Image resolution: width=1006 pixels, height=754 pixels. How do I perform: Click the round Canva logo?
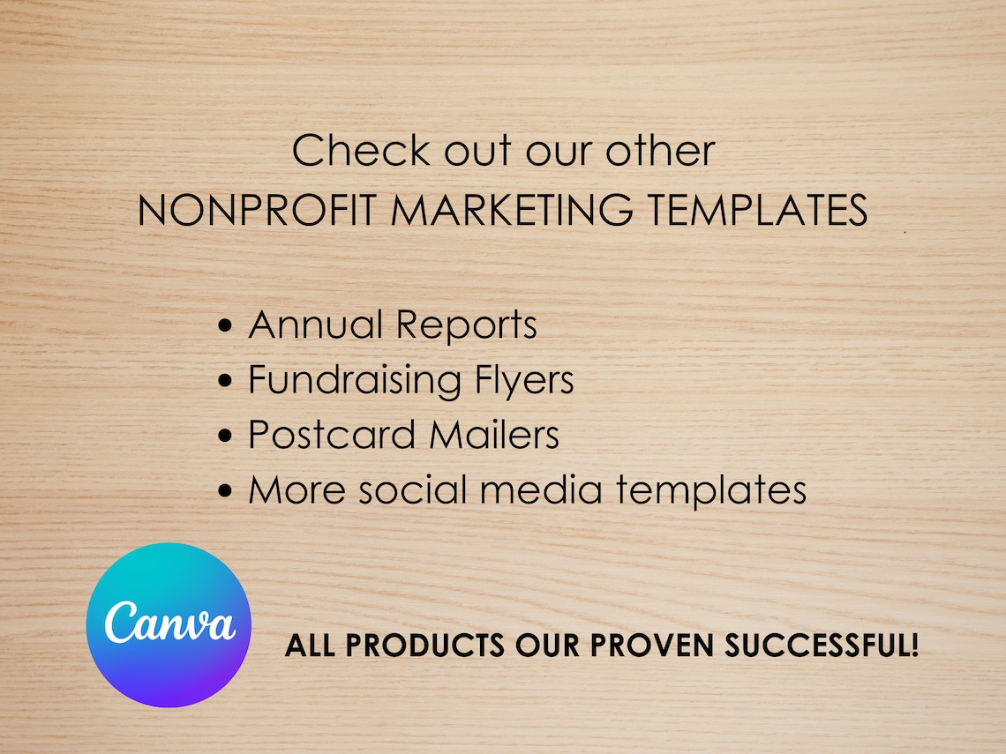(x=169, y=624)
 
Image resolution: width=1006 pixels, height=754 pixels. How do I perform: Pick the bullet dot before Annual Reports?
(x=226, y=327)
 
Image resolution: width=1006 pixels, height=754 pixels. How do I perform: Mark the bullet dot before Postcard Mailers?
(x=226, y=437)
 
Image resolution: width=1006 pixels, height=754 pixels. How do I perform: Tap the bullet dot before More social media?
(x=226, y=492)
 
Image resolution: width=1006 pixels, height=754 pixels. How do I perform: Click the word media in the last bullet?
(x=541, y=489)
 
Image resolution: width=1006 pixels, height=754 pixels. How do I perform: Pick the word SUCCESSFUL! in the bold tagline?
(x=822, y=646)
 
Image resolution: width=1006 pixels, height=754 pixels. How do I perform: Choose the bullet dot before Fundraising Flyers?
(x=226, y=382)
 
